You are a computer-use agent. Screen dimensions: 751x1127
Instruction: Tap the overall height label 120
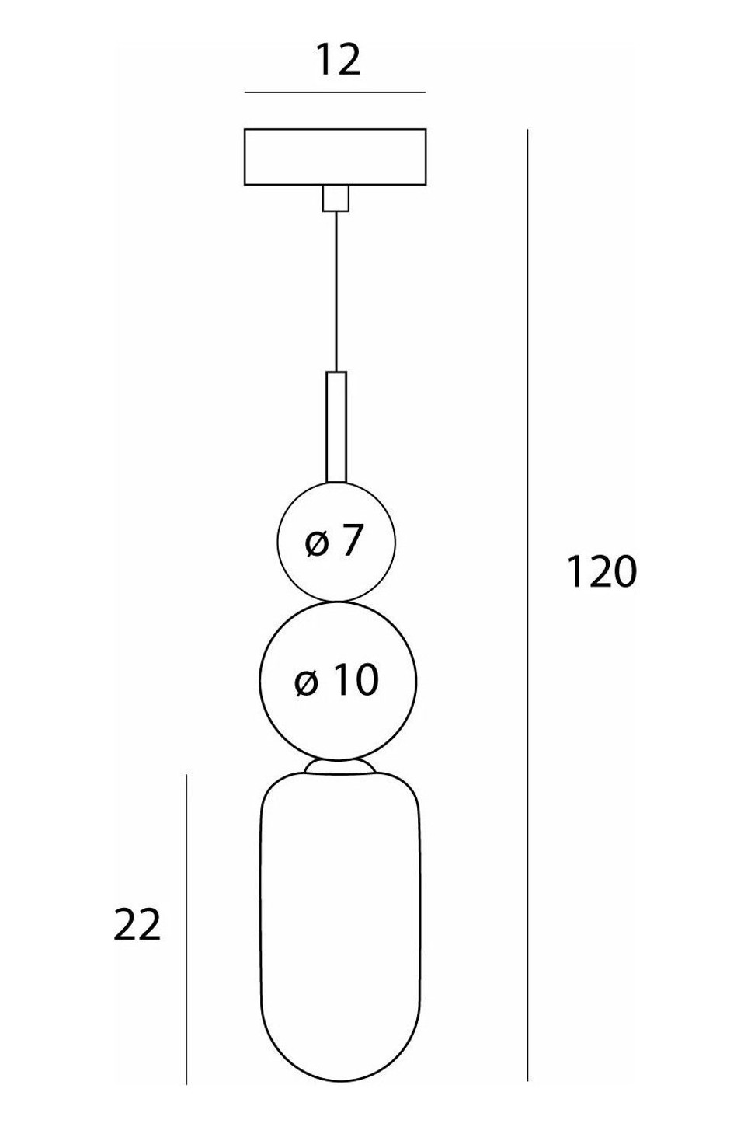[x=601, y=572]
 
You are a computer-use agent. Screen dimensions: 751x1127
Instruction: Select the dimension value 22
[x=137, y=925]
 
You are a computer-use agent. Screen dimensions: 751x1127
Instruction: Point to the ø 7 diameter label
[x=333, y=541]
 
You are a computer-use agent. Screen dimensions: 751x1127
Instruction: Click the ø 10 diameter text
[x=336, y=680]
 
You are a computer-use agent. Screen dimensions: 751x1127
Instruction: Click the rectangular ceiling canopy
[x=336, y=157]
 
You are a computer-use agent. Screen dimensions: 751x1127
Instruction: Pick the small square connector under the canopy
[x=336, y=197]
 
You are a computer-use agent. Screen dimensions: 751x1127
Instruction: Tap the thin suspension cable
[x=336, y=291]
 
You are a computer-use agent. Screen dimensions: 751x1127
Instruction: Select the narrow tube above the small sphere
[x=336, y=427]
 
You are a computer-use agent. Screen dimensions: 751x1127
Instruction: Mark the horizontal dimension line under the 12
[x=336, y=92]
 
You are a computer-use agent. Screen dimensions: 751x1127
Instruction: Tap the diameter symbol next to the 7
[x=317, y=543]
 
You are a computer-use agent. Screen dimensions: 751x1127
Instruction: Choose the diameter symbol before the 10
[x=306, y=682]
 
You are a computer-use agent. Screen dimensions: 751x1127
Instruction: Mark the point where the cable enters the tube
[x=336, y=372]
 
